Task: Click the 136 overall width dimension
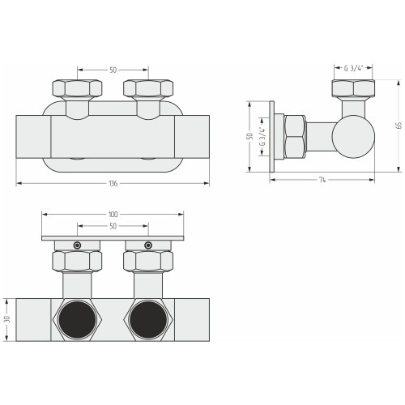click(113, 184)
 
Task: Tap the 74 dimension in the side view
click(322, 180)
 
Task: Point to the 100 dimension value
click(113, 215)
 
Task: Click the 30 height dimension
click(7, 319)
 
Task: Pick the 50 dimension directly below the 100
click(113, 226)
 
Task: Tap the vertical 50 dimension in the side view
click(250, 136)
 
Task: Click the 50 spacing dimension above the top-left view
click(113, 70)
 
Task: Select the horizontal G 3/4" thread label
click(353, 68)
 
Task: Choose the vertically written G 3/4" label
click(262, 136)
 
